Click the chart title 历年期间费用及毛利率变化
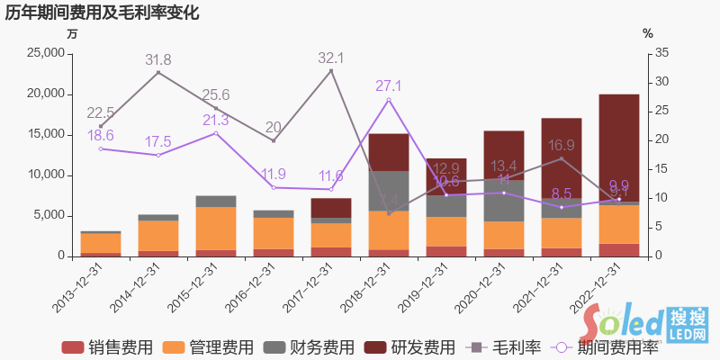[x=102, y=13]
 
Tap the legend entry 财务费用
[x=322, y=347]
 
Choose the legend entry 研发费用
[x=423, y=347]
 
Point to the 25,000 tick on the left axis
[x=43, y=53]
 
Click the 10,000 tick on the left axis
[x=43, y=175]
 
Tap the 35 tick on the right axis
[x=661, y=53]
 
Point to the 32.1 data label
[x=330, y=58]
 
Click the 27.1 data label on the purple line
[x=388, y=86]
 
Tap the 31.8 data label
[x=157, y=60]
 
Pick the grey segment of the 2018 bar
[x=389, y=191]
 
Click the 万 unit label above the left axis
[x=72, y=33]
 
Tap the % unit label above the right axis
[x=648, y=33]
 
